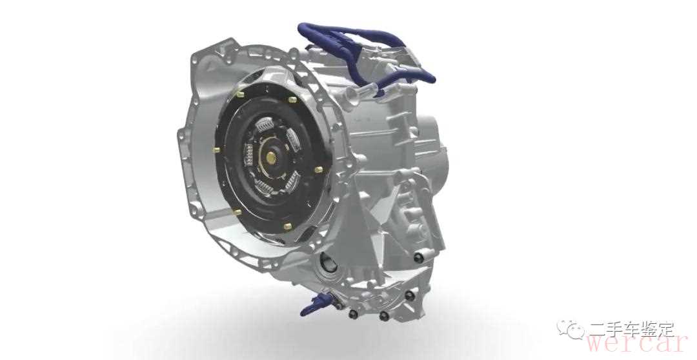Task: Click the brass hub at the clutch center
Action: pyautogui.click(x=270, y=156)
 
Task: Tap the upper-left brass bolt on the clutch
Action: pyautogui.click(x=241, y=94)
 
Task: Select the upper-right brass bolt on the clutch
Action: pyautogui.click(x=292, y=99)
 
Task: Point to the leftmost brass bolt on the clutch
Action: pyautogui.click(x=216, y=149)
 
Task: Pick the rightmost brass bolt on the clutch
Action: pyautogui.click(x=318, y=170)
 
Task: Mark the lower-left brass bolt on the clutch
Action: pyautogui.click(x=237, y=212)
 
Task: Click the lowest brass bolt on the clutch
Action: pyautogui.click(x=287, y=226)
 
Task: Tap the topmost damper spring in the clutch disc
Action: pyautogui.click(x=265, y=125)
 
